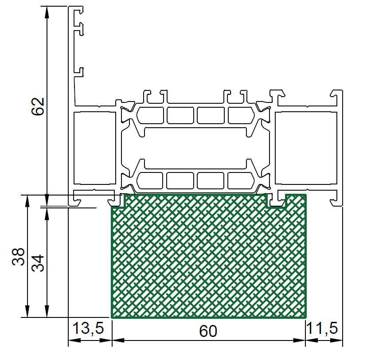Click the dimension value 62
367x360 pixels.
click(38, 106)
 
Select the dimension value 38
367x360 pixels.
click(18, 257)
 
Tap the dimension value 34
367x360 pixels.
click(38, 263)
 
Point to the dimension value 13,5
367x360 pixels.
click(88, 328)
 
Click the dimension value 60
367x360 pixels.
click(208, 331)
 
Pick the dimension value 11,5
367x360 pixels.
click(322, 328)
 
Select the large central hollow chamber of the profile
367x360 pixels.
click(195, 148)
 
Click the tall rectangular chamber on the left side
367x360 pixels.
click(95, 148)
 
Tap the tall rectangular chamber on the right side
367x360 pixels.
click(306, 148)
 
